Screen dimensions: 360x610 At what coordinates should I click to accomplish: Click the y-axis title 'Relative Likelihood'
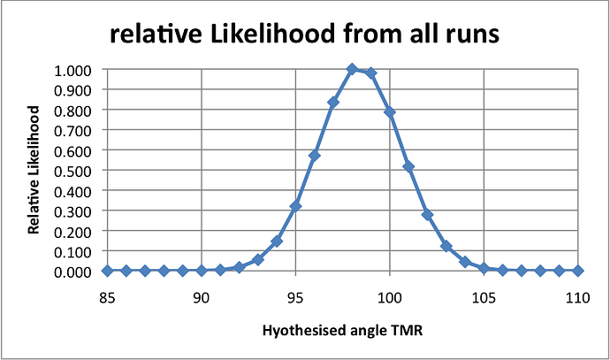[33, 170]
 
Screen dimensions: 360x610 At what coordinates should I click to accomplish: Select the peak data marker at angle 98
[352, 69]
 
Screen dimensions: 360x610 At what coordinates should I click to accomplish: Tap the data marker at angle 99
[370, 73]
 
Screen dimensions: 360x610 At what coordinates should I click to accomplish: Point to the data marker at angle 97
[333, 103]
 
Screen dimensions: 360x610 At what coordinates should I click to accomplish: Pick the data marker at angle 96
[315, 156]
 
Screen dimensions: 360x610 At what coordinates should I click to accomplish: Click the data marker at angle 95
[295, 206]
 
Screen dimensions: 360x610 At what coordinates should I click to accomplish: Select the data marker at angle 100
[390, 112]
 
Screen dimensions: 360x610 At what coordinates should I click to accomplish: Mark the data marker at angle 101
[408, 166]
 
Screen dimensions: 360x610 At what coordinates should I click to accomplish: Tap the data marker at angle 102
[427, 215]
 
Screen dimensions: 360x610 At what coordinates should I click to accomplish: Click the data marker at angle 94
[277, 241]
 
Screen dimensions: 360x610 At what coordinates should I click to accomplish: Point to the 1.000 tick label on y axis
[79, 70]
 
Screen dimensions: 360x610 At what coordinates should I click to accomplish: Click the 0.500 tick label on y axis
[79, 170]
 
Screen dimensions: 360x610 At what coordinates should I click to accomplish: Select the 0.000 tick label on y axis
[79, 271]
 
